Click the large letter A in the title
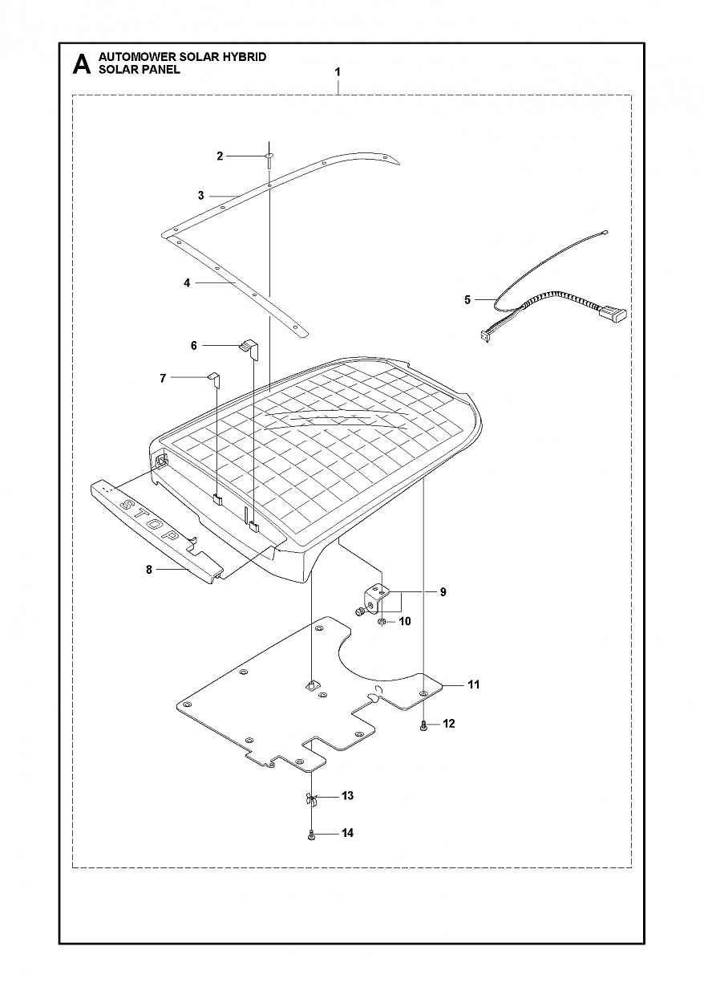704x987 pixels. [81, 64]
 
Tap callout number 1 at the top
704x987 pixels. [338, 72]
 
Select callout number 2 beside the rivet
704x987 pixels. [220, 156]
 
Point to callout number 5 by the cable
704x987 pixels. [467, 300]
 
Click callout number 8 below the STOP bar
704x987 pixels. [149, 570]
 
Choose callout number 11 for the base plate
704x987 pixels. [474, 684]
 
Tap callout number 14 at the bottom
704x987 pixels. [347, 834]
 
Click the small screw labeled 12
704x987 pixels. [423, 725]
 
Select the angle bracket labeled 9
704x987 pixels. [376, 597]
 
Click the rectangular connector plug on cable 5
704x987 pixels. [614, 314]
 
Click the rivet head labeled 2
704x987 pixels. [270, 156]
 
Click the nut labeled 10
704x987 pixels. [382, 621]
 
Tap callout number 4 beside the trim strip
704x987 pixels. [187, 283]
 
